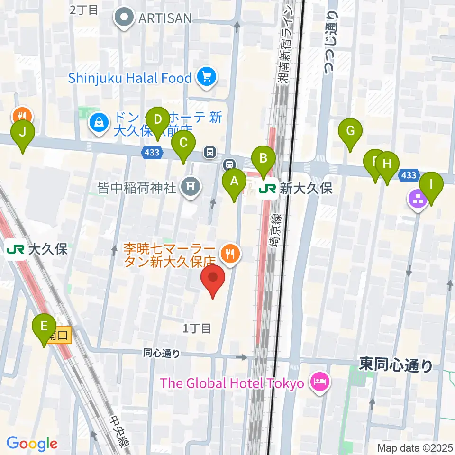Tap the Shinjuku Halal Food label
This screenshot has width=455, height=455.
(x=130, y=78)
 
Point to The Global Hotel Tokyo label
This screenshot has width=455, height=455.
(x=232, y=382)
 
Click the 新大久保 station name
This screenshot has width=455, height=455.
(x=306, y=189)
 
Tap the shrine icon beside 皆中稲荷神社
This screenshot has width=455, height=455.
(x=190, y=187)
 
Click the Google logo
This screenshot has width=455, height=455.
(x=32, y=443)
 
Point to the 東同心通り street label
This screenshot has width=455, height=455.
(x=396, y=365)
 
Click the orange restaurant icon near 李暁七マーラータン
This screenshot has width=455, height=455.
(x=230, y=254)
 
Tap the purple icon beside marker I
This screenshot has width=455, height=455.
(x=418, y=199)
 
